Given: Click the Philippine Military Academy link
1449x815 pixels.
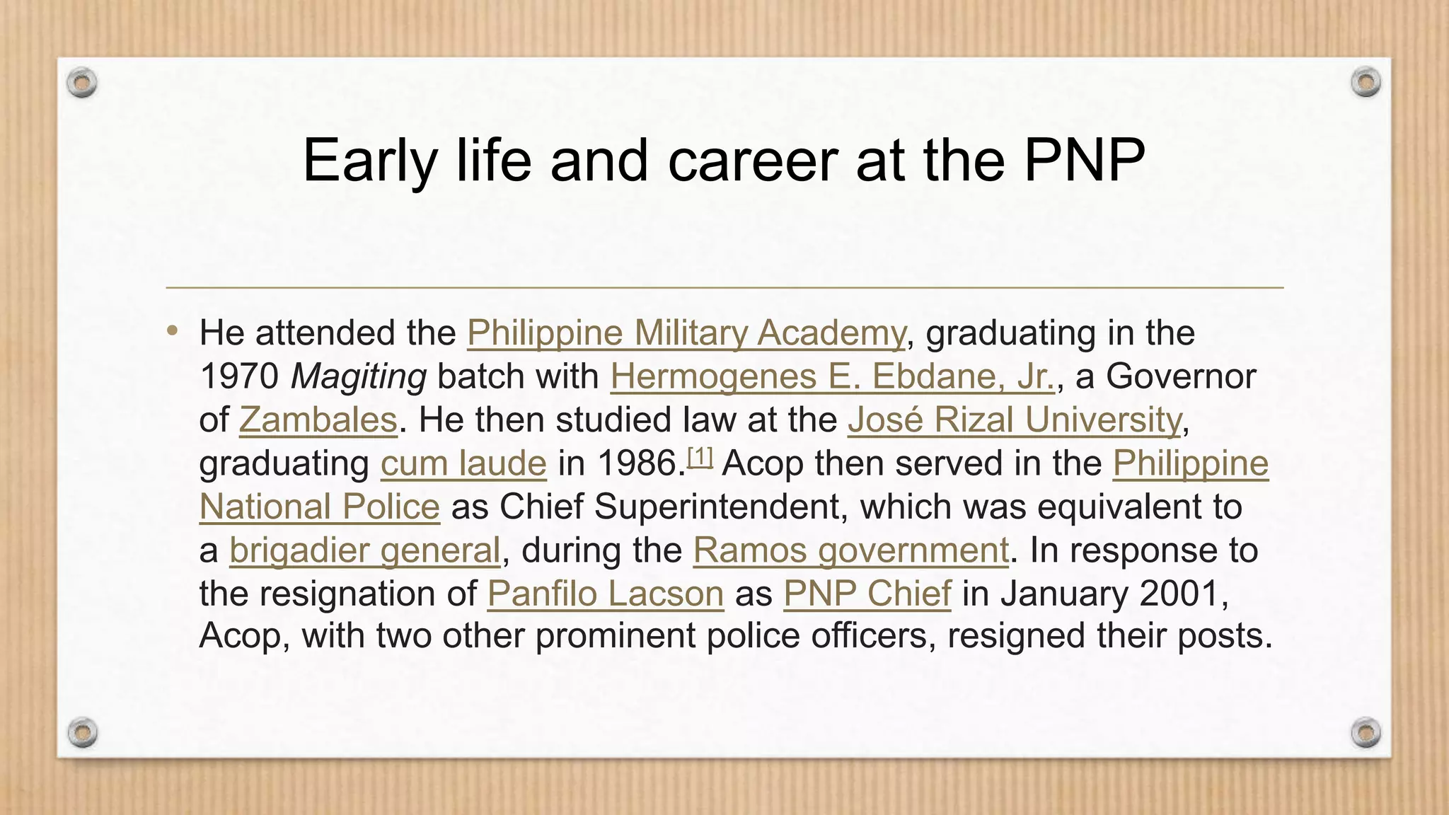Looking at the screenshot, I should [x=686, y=333].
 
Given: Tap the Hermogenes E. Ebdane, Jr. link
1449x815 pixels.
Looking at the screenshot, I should [x=833, y=376].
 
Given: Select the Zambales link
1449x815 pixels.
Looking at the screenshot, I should [x=318, y=420].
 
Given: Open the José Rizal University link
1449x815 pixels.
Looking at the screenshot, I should [x=1015, y=420].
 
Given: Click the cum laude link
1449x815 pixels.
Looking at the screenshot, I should [x=463, y=463].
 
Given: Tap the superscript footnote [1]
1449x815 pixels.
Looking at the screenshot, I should [x=700, y=458].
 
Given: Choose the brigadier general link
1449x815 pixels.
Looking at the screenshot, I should [x=364, y=550].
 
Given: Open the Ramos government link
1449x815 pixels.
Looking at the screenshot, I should [x=850, y=550].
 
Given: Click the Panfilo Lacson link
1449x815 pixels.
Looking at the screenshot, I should [x=605, y=593].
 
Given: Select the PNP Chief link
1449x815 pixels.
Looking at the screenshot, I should [x=867, y=593].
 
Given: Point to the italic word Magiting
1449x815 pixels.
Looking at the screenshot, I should [x=359, y=376].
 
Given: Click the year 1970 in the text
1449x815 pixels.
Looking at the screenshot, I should [x=239, y=376].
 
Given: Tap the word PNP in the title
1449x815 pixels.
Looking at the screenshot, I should [x=1084, y=161].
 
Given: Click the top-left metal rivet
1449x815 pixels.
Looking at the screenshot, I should [x=82, y=83].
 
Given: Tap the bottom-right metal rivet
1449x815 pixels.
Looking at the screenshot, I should [x=1366, y=732].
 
